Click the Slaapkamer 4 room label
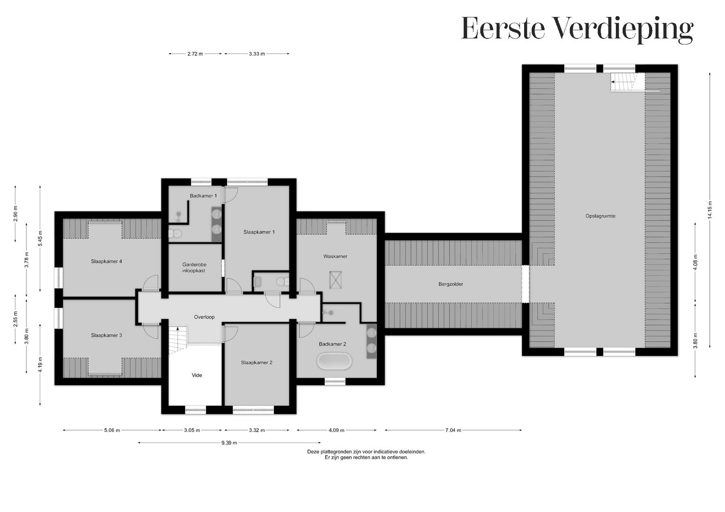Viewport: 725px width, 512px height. [106, 261]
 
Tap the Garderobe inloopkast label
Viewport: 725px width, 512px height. [194, 267]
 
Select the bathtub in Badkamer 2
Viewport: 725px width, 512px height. [335, 362]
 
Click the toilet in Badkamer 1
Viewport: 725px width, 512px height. [175, 233]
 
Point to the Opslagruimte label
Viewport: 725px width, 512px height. [600, 216]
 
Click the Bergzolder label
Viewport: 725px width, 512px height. [450, 284]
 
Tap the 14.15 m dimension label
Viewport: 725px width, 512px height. [709, 209]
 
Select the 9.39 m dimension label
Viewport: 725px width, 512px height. [228, 443]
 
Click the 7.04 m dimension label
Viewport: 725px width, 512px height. [453, 430]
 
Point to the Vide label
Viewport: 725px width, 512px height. [197, 375]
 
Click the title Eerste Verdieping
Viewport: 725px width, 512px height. [577, 29]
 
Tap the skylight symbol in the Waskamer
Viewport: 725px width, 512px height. [336, 279]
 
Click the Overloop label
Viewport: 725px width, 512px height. [204, 317]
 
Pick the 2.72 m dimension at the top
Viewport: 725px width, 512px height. [195, 54]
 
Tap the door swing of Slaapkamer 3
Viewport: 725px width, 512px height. [151, 330]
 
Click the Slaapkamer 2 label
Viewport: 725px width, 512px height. [256, 363]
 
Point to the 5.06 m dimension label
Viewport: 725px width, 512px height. [112, 430]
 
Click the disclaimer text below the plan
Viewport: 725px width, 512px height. [366, 455]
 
